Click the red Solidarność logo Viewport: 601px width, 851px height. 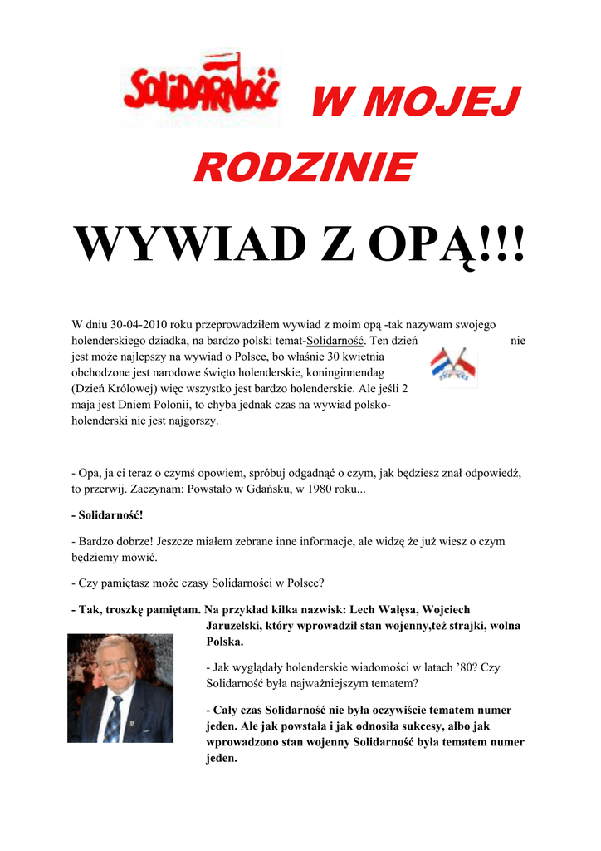202,89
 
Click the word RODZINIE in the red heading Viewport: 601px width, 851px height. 304,168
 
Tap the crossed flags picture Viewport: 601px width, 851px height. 453,366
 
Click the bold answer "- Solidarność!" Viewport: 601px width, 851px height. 107,515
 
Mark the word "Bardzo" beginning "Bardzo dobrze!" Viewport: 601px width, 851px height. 97,541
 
